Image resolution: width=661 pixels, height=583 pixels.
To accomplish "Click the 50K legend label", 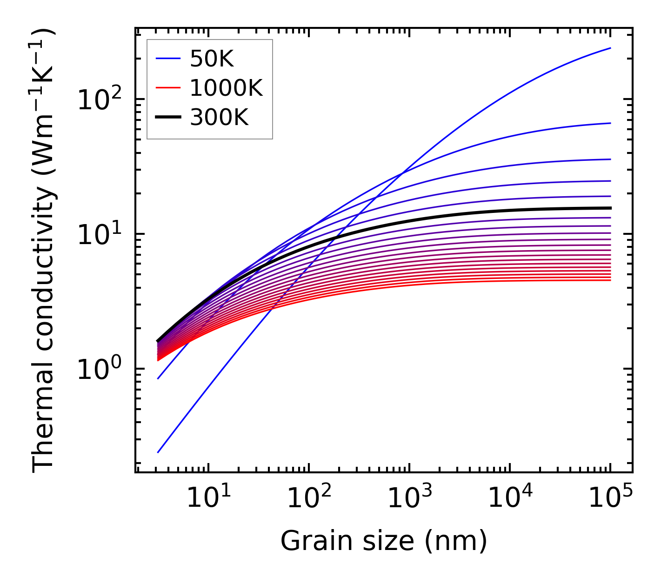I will (x=211, y=59).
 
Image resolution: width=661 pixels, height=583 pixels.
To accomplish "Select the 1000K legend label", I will (x=226, y=88).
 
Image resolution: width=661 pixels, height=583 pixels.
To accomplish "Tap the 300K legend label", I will (x=219, y=118).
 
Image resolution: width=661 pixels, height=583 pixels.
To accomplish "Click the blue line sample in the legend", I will (x=168, y=59).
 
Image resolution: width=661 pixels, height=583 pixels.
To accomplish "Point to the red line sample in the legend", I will (x=168, y=88).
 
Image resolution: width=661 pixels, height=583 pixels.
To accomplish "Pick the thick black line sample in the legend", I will (x=168, y=118).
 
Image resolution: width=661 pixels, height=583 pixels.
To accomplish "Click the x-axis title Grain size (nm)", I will (x=384, y=541).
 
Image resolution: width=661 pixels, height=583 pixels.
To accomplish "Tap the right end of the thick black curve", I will (x=610, y=208).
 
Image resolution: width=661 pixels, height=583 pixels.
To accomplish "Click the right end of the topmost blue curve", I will (x=610, y=48).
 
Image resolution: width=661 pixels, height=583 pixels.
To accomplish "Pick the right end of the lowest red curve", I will (x=610, y=280).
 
